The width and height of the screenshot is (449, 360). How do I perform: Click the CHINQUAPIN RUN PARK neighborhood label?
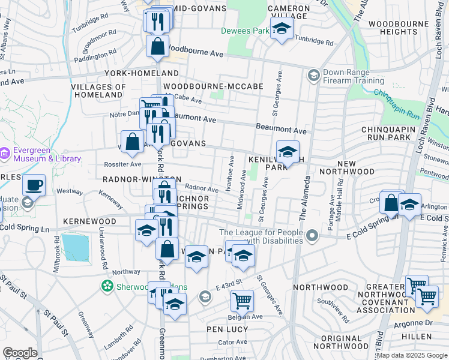click(x=394, y=134)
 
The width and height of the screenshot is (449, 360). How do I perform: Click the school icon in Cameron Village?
click(x=281, y=28)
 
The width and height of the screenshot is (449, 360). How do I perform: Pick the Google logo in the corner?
click(x=20, y=352)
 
